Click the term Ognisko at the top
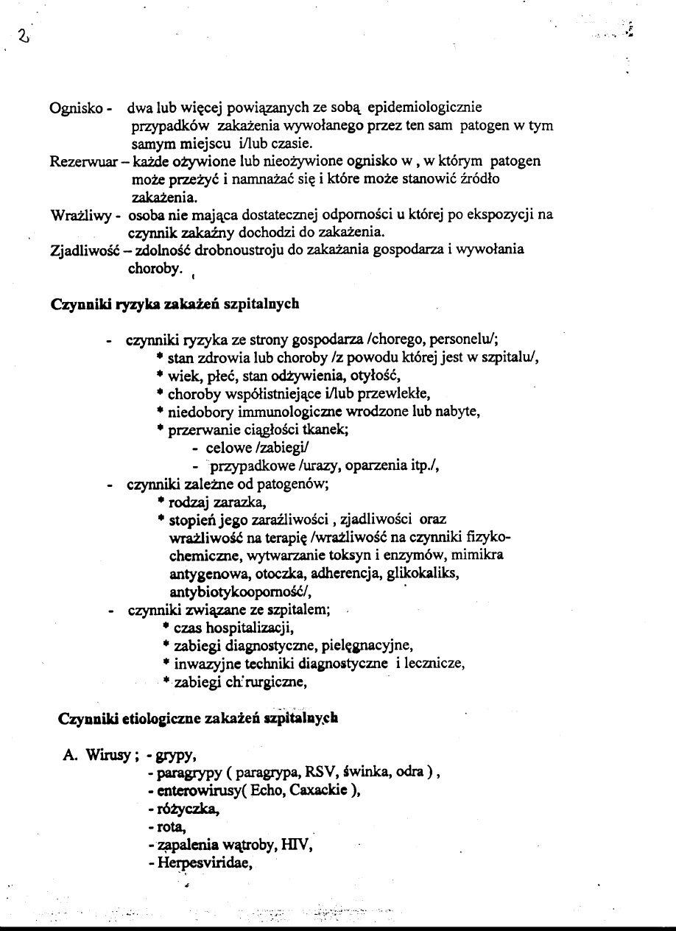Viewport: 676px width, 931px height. pyautogui.click(x=75, y=109)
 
